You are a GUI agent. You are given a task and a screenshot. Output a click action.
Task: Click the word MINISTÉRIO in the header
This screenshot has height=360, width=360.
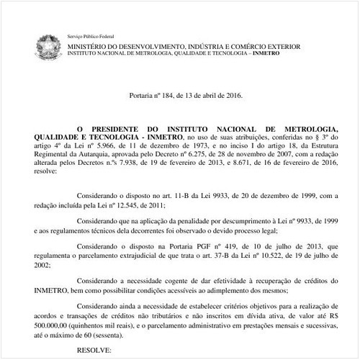(x=91, y=45)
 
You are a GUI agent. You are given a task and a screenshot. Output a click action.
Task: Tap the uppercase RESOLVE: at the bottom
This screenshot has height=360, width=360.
(x=95, y=352)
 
